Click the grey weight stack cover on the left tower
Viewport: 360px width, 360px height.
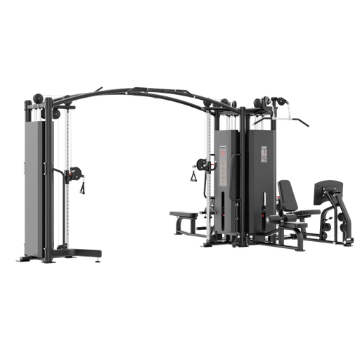(35, 183)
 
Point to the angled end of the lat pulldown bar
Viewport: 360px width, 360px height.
(307, 124)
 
